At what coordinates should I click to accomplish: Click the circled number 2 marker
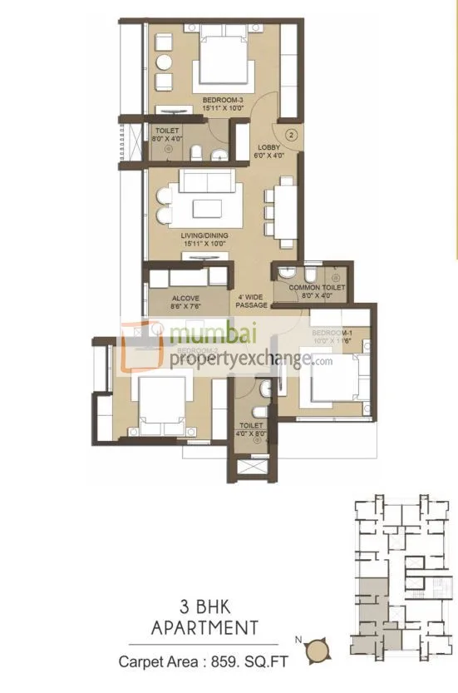coord(292,133)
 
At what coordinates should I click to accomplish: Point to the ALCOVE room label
coord(184,296)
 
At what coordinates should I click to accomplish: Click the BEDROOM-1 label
coord(332,333)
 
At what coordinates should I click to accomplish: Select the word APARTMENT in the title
coord(204,626)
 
